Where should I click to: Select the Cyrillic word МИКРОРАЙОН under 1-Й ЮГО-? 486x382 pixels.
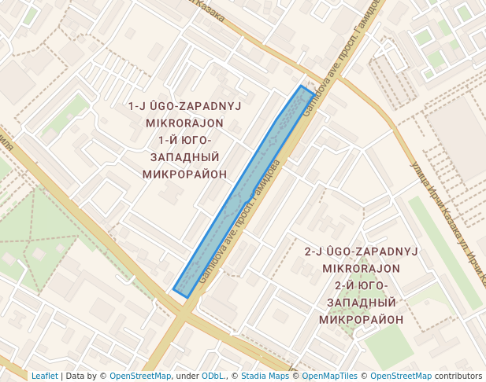point(185,174)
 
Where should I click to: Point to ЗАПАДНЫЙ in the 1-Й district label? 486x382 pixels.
point(185,157)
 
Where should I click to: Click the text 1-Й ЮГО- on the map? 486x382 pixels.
point(185,140)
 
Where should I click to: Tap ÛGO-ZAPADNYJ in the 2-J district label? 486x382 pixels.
point(362,252)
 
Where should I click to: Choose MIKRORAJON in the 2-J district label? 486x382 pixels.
point(362,269)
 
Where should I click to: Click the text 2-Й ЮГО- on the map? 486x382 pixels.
point(362,285)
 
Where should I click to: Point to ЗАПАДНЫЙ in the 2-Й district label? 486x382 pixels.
point(362,303)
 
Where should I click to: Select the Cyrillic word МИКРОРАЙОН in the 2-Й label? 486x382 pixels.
point(362,320)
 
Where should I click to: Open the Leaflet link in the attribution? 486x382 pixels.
point(44,376)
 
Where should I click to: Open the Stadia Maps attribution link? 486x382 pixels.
point(265,376)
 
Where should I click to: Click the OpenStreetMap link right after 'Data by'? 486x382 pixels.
point(140,376)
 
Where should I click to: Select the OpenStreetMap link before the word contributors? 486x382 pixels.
point(401,376)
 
